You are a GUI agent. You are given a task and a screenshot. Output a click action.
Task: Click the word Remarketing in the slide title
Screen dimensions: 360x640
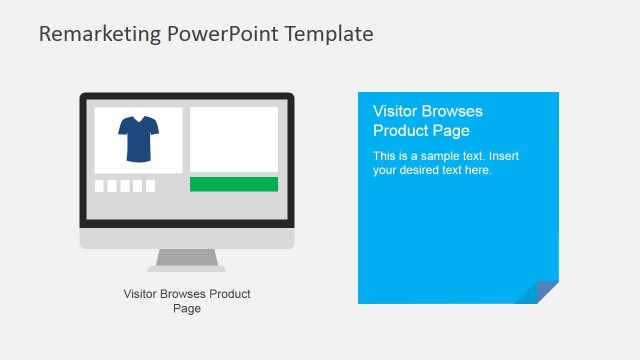85,34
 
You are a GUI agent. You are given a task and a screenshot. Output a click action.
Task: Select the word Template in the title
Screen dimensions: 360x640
329,34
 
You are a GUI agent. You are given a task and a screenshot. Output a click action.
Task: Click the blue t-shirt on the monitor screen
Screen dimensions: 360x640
138,139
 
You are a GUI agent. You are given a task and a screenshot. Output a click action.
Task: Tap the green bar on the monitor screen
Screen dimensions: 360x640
234,184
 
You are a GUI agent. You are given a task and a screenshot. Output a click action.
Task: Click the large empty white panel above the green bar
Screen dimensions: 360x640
234,139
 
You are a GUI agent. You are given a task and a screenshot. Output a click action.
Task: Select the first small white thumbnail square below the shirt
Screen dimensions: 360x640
100,186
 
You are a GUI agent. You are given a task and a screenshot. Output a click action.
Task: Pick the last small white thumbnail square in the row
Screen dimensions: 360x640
150,186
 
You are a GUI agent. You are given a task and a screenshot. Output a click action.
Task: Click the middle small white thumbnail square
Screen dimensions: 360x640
125,186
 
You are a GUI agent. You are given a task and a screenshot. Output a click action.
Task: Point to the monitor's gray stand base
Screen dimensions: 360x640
187,267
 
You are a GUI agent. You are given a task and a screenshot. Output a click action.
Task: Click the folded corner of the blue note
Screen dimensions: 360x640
540,292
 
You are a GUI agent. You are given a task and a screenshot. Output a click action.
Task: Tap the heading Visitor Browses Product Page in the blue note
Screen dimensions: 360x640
427,121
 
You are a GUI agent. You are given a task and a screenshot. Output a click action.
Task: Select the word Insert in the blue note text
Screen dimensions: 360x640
503,156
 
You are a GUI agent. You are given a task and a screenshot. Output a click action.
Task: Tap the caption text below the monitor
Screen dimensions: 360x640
187,301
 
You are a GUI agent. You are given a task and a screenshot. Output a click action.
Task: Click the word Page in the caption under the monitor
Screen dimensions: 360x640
187,309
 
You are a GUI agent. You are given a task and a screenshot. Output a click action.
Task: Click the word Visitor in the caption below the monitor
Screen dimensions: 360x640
141,294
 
